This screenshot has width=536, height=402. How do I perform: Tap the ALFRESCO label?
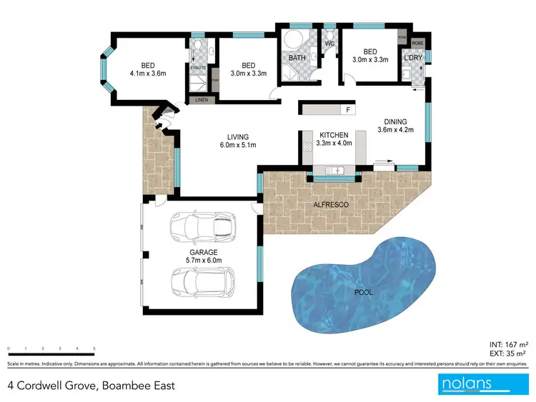330,205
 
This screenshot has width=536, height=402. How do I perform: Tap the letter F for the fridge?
348,110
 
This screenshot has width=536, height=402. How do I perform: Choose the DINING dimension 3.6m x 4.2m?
399,131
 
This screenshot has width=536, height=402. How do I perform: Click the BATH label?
296,58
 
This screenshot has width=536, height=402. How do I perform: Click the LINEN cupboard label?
202,100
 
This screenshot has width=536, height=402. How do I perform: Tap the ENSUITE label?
198,68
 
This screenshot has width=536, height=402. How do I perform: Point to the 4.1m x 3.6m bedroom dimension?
148,72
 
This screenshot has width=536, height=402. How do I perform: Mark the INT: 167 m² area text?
508,343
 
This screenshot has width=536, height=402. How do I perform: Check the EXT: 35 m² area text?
508,353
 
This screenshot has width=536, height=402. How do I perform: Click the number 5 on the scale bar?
94,348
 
